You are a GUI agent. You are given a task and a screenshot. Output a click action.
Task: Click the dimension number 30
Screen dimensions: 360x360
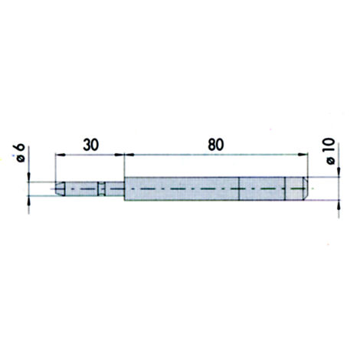click(x=90, y=145)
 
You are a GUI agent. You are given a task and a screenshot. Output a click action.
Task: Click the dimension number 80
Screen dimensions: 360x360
click(x=216, y=145)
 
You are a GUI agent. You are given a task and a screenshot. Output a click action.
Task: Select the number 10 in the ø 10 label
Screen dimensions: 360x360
click(x=330, y=146)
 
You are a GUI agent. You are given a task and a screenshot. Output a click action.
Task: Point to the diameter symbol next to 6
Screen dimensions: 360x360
click(x=21, y=159)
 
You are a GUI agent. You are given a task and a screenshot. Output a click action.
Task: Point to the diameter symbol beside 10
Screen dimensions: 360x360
click(x=331, y=161)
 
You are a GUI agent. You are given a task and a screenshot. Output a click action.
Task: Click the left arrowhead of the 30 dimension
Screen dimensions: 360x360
click(x=61, y=155)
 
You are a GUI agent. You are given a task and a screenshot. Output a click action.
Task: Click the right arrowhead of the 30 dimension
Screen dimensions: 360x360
click(x=119, y=155)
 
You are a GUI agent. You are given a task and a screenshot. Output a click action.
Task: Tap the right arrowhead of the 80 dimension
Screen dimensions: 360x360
click(x=303, y=155)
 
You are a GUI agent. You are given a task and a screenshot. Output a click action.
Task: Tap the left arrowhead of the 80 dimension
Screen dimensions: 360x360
click(x=129, y=155)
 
